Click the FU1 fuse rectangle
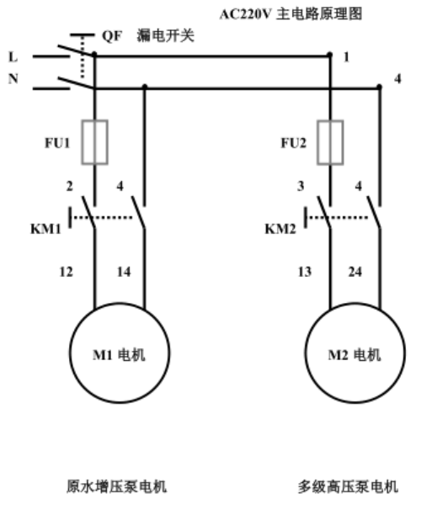click(83, 142)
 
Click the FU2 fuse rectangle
click(318, 142)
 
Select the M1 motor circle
click(70, 353)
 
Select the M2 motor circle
click(306, 353)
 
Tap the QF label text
click(112, 36)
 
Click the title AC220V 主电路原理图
click(291, 14)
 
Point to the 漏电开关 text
click(165, 35)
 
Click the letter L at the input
click(13, 57)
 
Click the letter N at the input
click(13, 79)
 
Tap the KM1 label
click(45, 229)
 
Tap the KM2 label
click(280, 229)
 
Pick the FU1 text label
click(57, 143)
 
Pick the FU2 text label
click(294, 143)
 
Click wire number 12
click(66, 272)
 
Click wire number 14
click(124, 272)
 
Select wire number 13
click(305, 272)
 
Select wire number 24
click(355, 272)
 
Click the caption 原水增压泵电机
click(117, 486)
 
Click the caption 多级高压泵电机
click(348, 486)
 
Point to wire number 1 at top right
click(346, 57)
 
